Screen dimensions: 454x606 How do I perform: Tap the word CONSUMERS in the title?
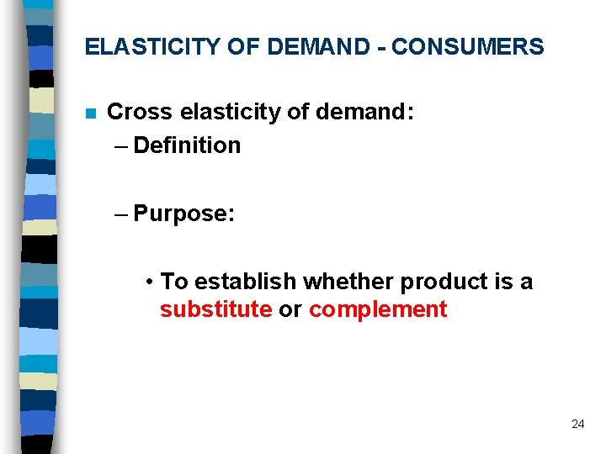pos(467,47)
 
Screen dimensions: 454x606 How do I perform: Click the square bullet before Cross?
pos(91,113)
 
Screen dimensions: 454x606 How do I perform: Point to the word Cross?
pos(138,112)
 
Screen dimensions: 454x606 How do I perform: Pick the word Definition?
pos(187,145)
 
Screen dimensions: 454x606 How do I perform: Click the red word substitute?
pos(215,309)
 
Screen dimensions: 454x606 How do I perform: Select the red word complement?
pos(378,309)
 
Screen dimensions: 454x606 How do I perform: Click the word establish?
pos(247,281)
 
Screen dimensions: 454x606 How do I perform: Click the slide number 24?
pos(577,424)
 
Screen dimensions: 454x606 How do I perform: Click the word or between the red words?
pos(290,309)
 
